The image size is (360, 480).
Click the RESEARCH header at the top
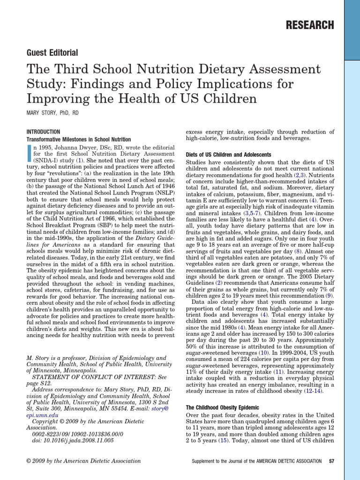coord(310,25)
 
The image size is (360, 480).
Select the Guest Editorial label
coord(52,52)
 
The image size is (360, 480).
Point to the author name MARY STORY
coord(43,113)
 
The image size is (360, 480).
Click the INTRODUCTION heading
coord(43,132)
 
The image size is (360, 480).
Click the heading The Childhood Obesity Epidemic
coord(223,408)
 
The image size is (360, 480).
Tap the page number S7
coord(331,461)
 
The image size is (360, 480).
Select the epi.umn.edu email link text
coord(42,415)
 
